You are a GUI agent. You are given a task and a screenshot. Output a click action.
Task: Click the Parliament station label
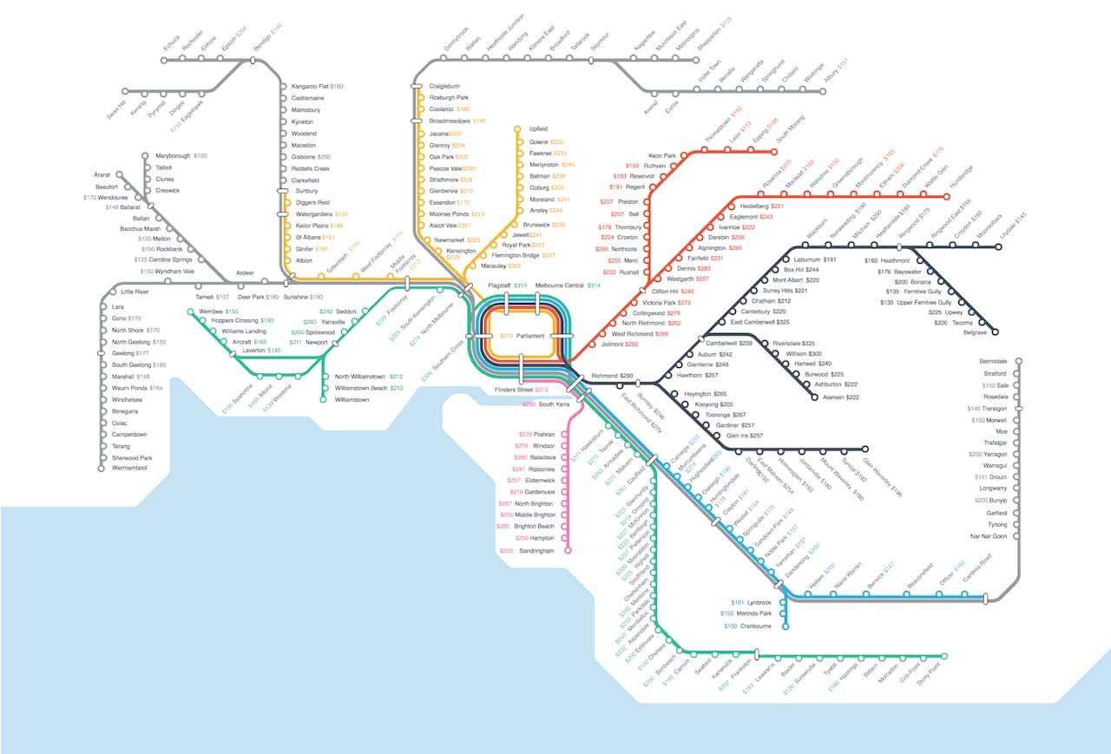coord(531,336)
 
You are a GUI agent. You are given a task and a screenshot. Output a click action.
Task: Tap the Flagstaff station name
coord(499,285)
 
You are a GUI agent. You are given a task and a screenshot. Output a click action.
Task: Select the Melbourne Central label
coord(559,285)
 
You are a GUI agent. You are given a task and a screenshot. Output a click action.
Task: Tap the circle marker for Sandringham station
coord(569,550)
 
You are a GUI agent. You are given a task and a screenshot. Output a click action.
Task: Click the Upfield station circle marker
coord(518,128)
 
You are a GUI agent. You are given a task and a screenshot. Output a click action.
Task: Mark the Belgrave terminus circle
coord(996,332)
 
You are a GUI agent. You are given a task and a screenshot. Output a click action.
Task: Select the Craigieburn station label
coord(444,87)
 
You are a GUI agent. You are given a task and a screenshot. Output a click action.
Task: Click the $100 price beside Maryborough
coord(201,156)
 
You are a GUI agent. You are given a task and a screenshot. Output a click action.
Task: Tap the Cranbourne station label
coord(753,626)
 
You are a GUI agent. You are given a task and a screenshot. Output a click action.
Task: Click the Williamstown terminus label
coord(352,400)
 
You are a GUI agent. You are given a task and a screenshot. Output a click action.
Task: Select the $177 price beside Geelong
coord(142,354)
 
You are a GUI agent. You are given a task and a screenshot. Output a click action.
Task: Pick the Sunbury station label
coord(307,191)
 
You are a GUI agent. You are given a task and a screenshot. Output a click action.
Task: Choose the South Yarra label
coord(553,404)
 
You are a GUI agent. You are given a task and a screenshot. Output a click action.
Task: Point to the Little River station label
coord(135,292)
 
